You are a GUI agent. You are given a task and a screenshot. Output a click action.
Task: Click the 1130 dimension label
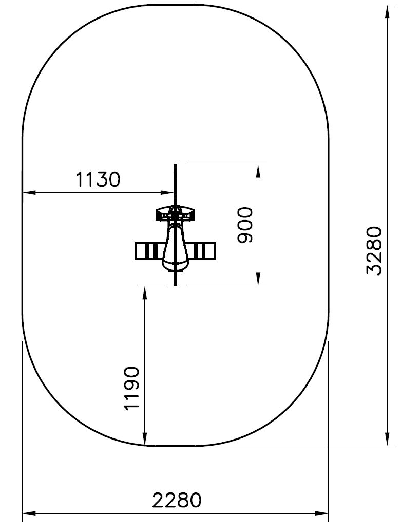98,179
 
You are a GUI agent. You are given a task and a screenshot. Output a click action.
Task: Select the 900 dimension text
245,225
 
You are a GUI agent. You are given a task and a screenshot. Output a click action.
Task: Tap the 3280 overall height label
374,251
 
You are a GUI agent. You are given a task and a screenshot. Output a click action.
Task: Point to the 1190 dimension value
132,388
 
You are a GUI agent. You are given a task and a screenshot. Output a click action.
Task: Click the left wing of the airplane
150,251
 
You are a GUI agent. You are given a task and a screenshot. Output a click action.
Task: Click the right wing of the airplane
202,251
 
